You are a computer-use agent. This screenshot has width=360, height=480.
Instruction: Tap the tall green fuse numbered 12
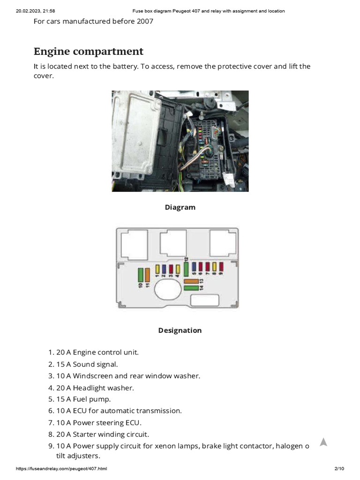coord(186,270)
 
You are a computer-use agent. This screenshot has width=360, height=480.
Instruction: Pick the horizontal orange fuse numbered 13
coord(191,281)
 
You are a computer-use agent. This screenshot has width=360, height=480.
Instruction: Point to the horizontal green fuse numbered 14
coord(191,287)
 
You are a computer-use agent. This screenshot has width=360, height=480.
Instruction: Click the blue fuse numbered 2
coord(165,269)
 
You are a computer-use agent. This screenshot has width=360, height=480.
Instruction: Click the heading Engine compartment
coord(89,51)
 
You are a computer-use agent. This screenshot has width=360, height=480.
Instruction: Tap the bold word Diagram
coord(180,207)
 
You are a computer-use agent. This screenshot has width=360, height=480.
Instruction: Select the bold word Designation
coord(180,330)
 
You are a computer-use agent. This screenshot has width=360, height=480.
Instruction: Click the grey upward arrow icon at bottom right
coord(323,442)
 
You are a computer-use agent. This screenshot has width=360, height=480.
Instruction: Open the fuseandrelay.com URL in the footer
coord(61,469)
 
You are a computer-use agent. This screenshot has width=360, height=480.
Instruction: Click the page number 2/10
coord(339,469)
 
